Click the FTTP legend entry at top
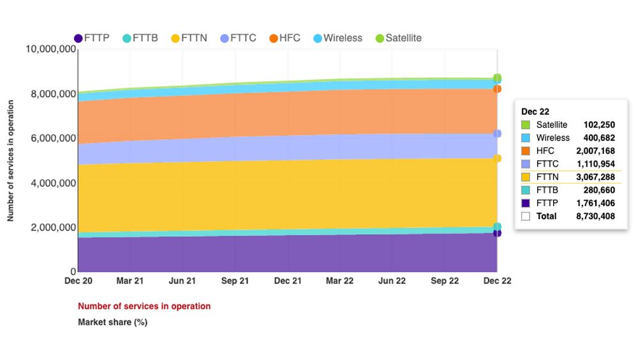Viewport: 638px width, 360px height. (x=92, y=38)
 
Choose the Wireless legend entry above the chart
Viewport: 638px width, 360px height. (x=338, y=38)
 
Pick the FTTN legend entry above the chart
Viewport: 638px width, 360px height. (x=189, y=38)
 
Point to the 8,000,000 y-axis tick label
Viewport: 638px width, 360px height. (x=50, y=94)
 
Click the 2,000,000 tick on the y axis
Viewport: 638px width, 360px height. (x=50, y=227)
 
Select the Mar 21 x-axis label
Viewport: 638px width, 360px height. (x=130, y=281)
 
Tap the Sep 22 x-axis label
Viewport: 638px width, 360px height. (x=445, y=281)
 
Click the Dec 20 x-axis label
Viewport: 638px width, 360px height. (x=78, y=281)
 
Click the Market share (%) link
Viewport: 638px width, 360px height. (x=112, y=322)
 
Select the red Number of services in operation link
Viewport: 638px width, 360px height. (x=144, y=306)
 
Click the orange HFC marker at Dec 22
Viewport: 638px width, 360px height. (x=497, y=89)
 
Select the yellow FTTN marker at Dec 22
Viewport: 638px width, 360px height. (x=497, y=158)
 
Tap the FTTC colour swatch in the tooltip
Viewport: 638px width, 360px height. (x=526, y=164)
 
